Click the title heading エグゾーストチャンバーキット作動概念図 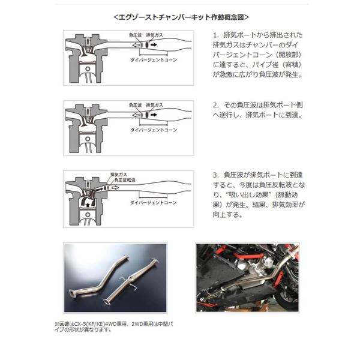(x=181, y=16)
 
